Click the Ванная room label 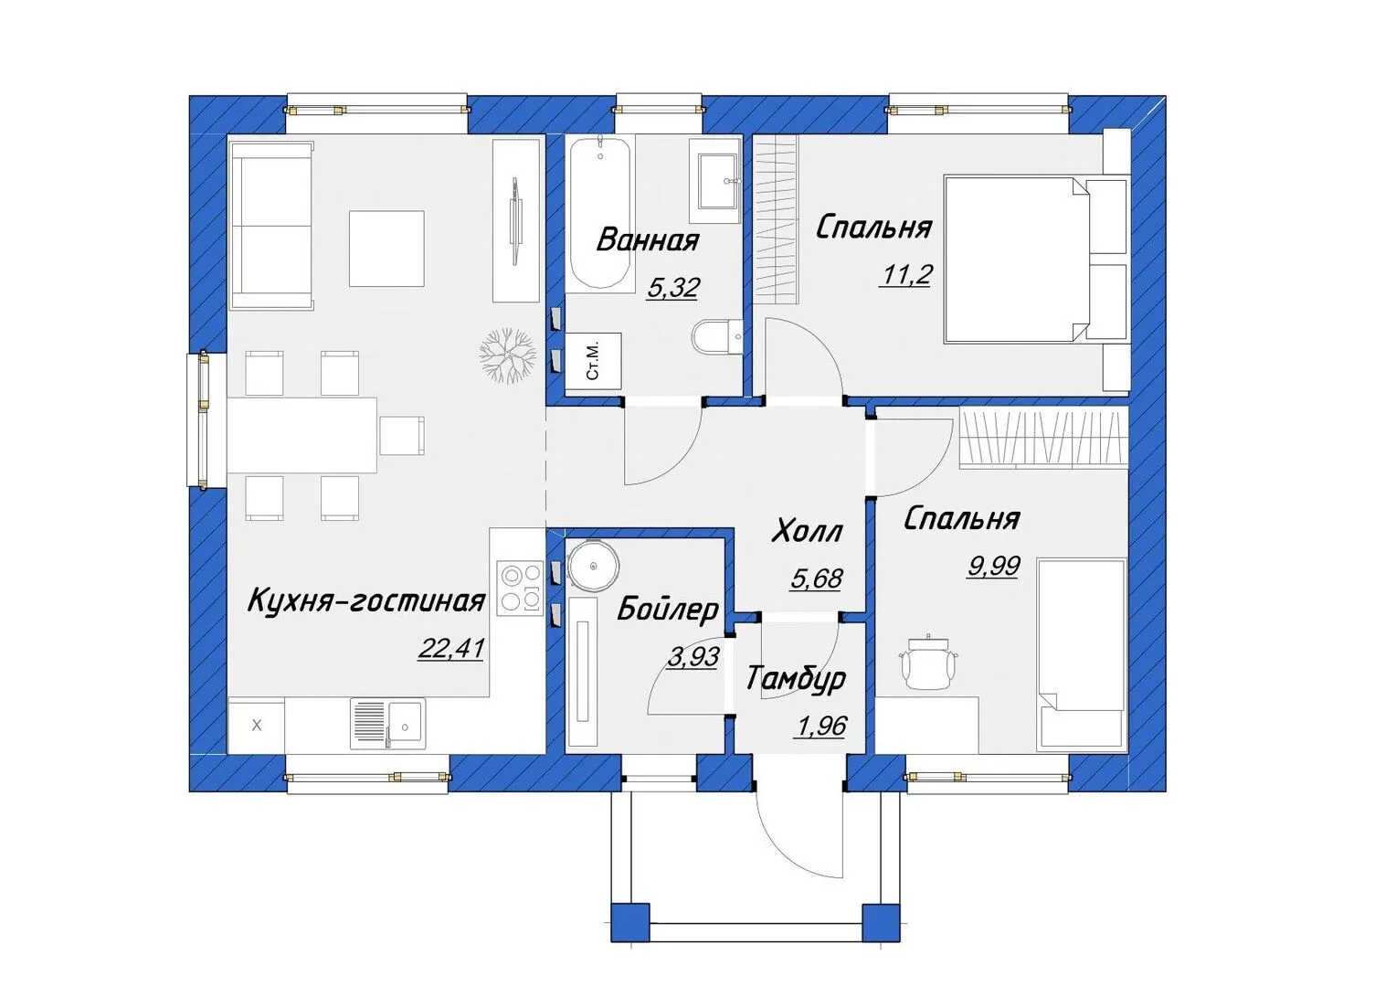[x=648, y=240]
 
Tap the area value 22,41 [x=451, y=649]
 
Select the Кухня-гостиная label [x=367, y=601]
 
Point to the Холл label [x=807, y=531]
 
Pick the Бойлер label [x=668, y=610]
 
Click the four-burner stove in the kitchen [x=520, y=588]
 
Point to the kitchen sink [x=388, y=723]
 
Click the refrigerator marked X [x=256, y=725]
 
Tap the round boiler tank [x=593, y=566]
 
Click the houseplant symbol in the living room [x=508, y=356]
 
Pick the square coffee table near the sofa [x=386, y=249]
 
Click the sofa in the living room [x=271, y=225]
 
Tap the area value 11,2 [x=904, y=274]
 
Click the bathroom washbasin [x=714, y=181]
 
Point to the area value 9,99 [x=993, y=566]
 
